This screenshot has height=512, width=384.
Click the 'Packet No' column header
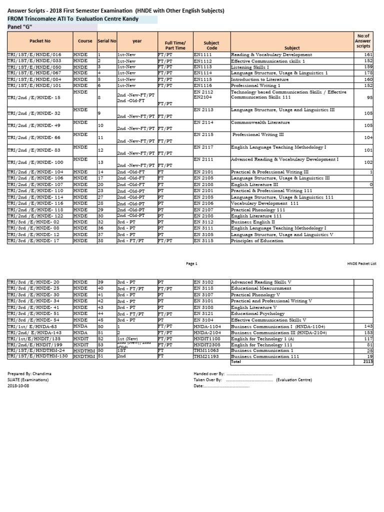(39, 40)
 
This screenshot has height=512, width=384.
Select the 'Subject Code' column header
(211, 45)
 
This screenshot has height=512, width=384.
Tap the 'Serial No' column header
(106, 40)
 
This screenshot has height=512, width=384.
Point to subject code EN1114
(203, 73)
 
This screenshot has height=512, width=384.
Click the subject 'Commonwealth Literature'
(260, 122)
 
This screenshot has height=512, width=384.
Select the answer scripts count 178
(368, 73)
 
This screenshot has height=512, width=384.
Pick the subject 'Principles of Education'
(257, 240)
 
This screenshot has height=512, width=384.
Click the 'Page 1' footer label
(192, 263)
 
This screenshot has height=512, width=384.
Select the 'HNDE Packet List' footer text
(362, 263)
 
